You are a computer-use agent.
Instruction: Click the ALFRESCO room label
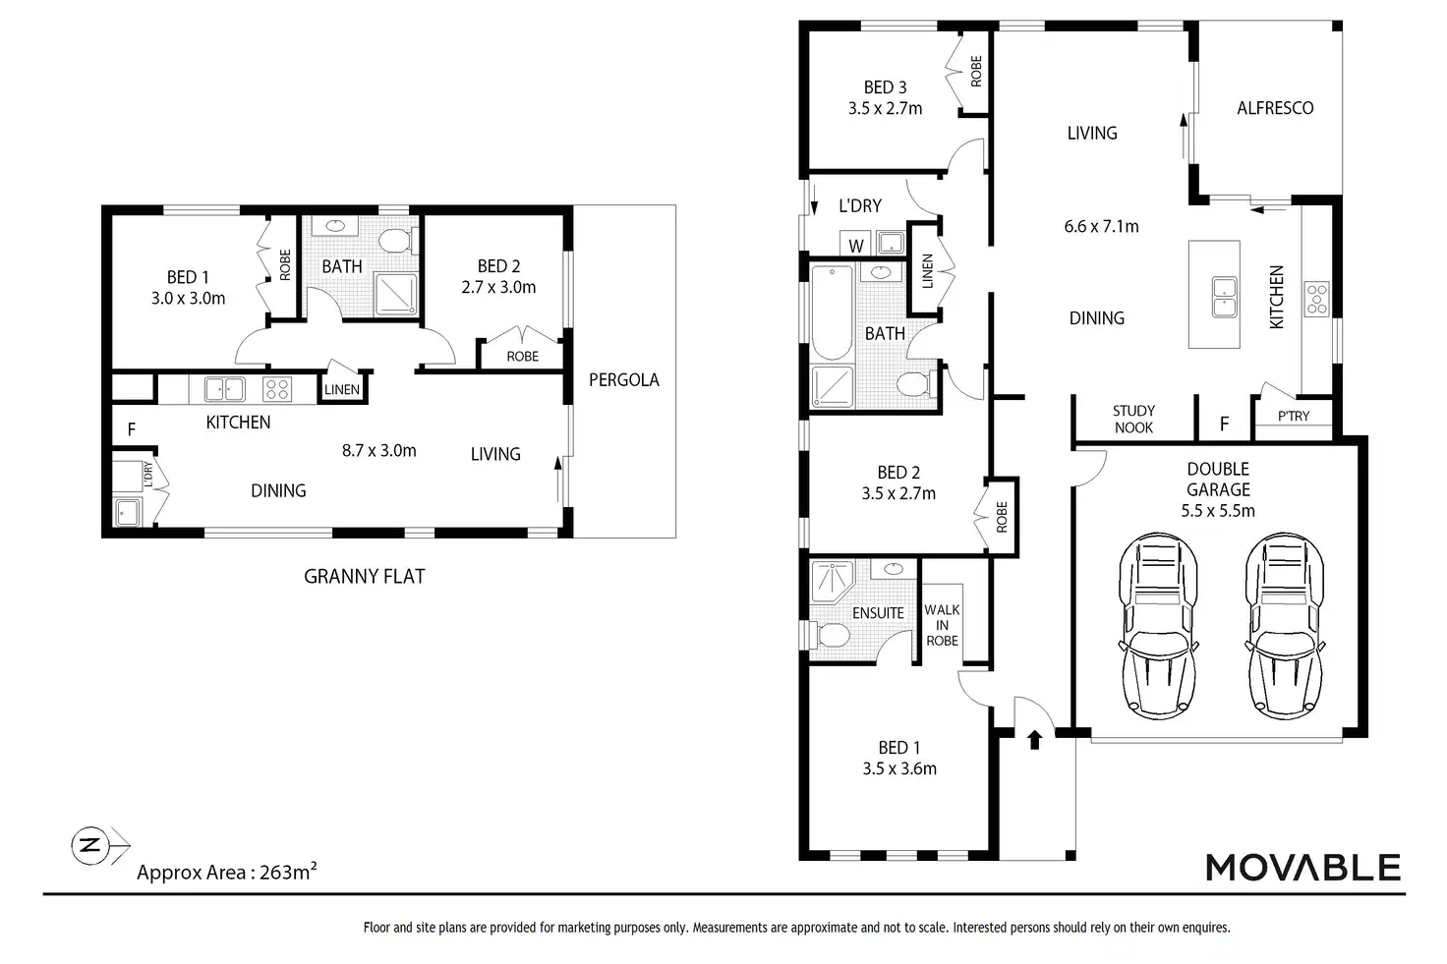1275,108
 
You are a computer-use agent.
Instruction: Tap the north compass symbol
89,845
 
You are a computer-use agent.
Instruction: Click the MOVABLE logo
1302,867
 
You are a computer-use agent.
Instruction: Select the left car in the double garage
1158,626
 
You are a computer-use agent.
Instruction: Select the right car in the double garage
1285,626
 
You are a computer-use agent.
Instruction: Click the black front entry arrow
1035,739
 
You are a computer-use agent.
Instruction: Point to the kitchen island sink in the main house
1224,297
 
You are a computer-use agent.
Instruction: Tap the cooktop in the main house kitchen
1317,299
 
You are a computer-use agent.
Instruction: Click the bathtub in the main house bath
832,313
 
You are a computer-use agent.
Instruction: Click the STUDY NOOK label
1133,419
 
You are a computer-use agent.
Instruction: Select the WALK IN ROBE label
942,625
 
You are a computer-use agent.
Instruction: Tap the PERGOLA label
623,379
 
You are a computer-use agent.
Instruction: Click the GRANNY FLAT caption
365,576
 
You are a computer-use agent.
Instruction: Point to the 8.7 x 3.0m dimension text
379,450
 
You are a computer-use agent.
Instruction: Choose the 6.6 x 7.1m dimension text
1101,226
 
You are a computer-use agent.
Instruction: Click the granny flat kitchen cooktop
277,389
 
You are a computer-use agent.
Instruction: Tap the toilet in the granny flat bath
396,242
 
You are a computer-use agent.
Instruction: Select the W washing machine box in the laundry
855,244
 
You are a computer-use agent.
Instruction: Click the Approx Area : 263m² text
227,872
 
